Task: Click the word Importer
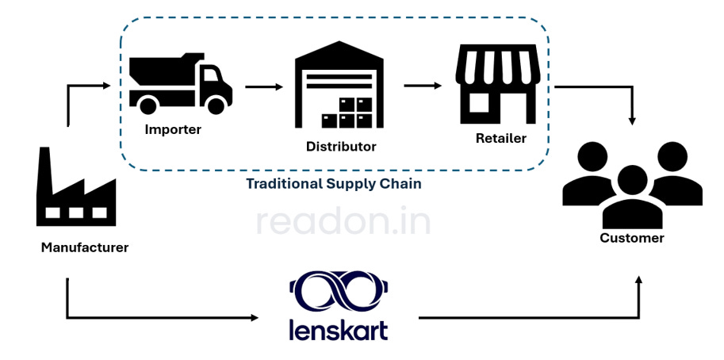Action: [173, 129]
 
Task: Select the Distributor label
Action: [341, 147]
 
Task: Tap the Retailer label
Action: [500, 139]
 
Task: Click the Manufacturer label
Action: [85, 247]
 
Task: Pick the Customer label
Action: [632, 238]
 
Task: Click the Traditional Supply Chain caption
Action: [333, 184]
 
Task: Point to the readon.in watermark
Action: [343, 223]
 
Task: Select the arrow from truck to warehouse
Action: [263, 86]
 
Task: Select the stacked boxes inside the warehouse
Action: [347, 113]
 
